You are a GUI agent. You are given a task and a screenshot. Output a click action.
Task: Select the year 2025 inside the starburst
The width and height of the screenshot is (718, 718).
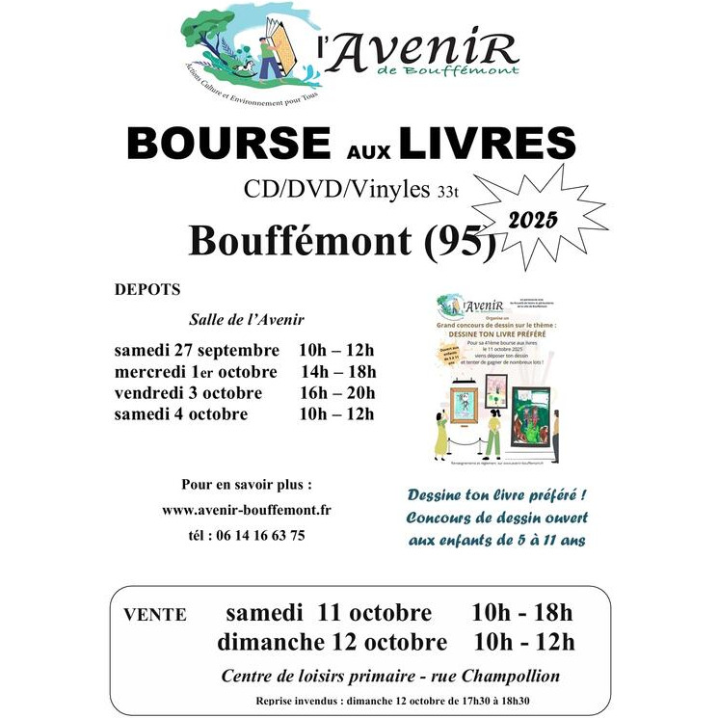(532, 219)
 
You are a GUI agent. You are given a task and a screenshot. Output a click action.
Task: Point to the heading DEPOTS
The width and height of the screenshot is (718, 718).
(146, 289)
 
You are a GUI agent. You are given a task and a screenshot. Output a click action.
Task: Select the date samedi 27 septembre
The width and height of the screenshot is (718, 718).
(197, 349)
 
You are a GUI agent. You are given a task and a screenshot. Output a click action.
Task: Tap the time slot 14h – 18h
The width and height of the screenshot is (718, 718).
(337, 371)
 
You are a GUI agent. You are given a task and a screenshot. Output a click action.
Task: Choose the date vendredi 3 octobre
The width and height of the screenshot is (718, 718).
(188, 393)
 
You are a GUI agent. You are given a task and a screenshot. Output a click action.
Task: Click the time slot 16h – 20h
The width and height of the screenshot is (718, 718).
(337, 393)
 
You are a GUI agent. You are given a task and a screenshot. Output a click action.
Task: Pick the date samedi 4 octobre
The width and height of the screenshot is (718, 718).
(181, 415)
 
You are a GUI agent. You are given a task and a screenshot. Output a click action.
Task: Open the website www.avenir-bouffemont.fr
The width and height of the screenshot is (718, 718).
(247, 510)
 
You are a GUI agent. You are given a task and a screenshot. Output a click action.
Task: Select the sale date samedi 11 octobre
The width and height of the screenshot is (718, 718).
(329, 613)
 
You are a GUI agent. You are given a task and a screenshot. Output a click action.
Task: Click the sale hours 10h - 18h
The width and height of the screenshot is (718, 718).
(522, 613)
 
